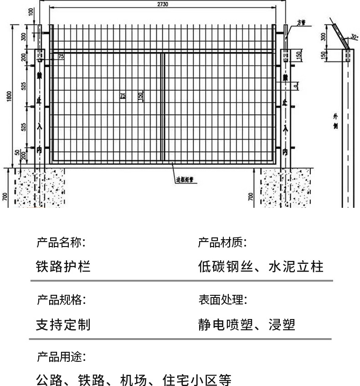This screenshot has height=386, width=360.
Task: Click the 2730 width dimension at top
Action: point(163,4)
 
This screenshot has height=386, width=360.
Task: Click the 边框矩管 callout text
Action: point(185,180)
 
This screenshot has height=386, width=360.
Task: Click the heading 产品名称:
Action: point(61,242)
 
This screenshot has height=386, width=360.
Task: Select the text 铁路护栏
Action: point(63,266)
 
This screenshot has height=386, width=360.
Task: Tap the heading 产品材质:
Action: point(222,242)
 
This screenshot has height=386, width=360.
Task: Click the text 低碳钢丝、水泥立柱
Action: point(261,266)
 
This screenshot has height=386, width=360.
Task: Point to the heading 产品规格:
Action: point(61,300)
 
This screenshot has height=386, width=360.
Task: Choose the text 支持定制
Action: point(63,324)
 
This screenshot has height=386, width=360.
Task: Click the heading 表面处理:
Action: point(222,300)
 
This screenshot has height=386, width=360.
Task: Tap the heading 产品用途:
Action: point(61,357)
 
